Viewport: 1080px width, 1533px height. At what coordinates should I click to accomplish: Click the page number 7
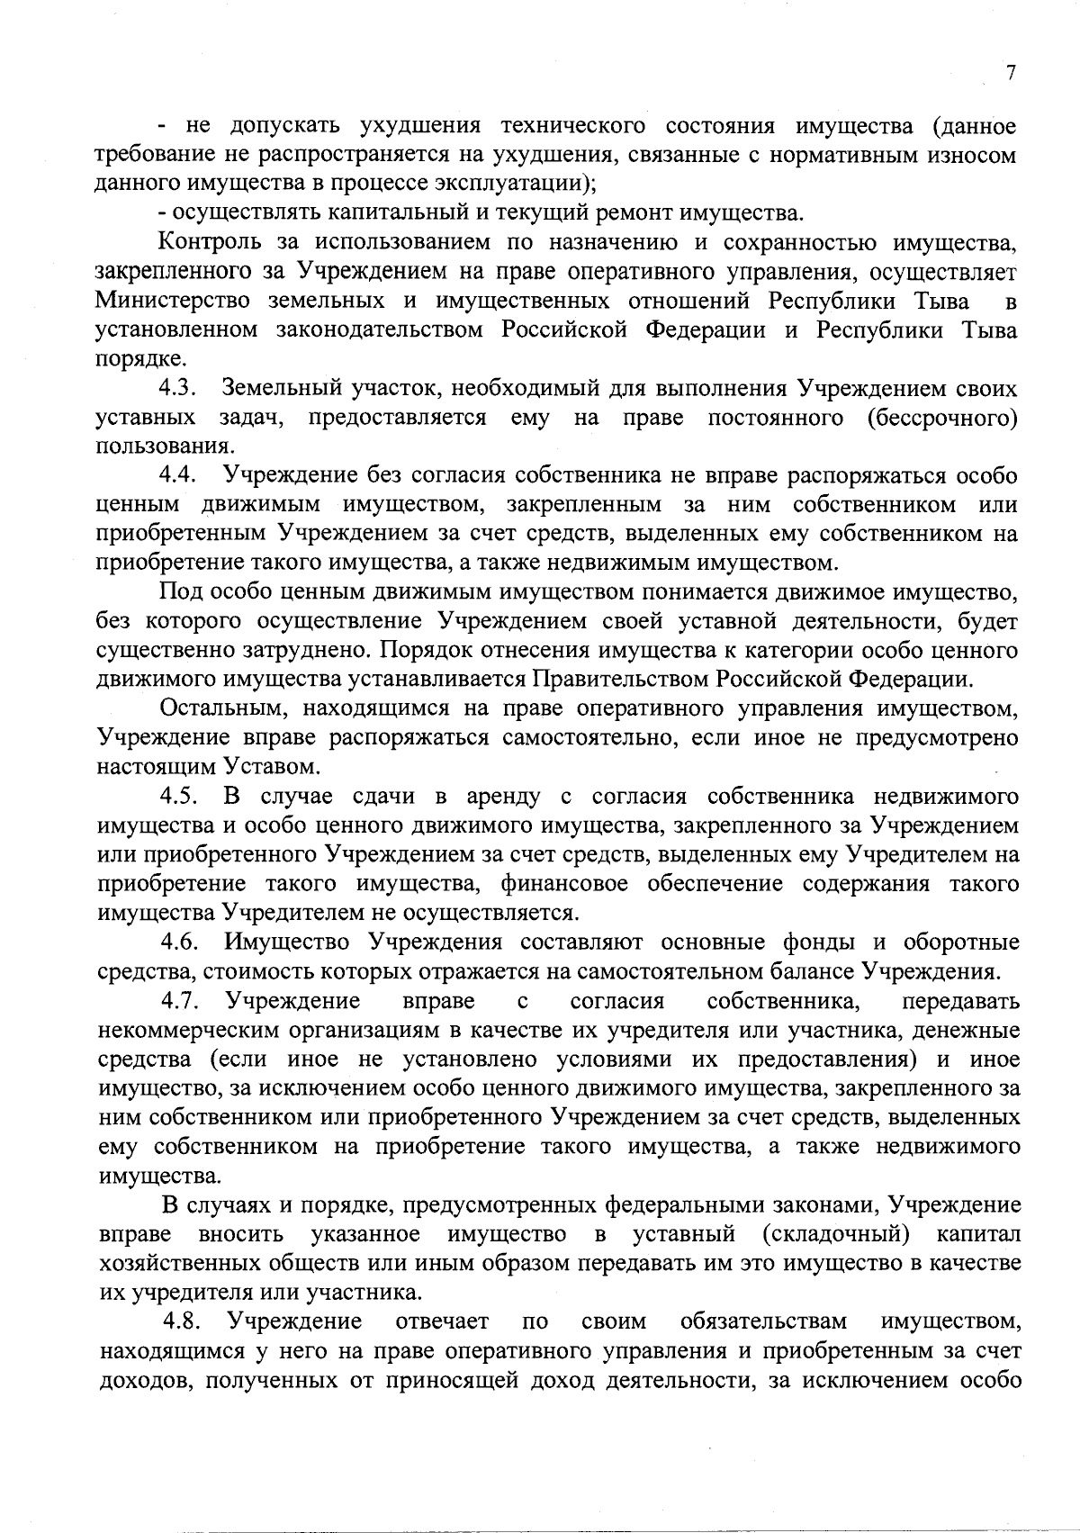pos(1011,74)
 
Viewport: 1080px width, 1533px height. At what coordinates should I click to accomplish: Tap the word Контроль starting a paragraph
pos(209,242)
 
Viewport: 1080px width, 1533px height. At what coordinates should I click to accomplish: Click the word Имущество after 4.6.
pos(284,942)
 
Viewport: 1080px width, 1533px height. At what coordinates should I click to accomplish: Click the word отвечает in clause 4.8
pos(442,1321)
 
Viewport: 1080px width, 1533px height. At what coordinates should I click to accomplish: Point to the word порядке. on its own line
pos(140,359)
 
